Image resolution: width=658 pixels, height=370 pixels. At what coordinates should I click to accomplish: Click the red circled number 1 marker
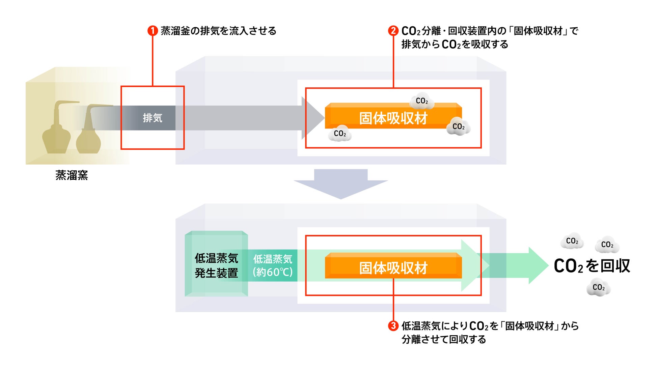153,31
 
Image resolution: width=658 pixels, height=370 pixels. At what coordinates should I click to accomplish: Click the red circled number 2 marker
393,31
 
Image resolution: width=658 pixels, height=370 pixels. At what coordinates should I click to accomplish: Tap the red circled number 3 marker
393,326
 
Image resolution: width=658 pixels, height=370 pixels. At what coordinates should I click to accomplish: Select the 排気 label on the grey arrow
153,118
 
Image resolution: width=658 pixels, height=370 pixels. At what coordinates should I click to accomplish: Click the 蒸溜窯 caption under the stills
72,175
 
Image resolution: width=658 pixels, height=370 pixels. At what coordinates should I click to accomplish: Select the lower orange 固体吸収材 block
393,266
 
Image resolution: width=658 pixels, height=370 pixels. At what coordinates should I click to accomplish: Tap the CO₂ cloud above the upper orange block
422,101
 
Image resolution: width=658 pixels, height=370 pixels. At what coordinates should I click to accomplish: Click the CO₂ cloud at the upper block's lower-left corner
340,134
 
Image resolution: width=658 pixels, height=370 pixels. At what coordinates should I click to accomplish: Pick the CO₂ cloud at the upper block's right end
458,127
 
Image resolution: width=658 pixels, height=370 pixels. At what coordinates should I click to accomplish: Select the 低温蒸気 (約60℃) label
273,265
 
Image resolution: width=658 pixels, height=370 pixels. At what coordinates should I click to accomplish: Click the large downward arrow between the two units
341,184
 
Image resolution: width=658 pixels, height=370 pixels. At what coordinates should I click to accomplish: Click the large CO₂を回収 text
592,266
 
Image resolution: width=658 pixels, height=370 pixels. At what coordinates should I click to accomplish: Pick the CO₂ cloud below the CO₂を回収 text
599,287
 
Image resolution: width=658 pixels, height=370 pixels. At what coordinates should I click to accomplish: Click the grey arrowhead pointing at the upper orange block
312,118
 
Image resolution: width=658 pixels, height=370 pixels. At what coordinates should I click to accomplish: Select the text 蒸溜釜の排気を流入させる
218,31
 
